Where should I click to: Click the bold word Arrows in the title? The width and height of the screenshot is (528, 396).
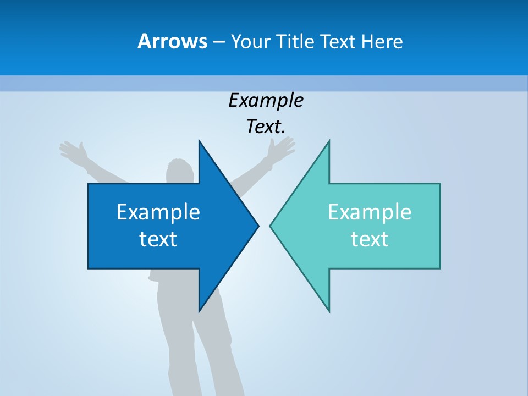[172, 41]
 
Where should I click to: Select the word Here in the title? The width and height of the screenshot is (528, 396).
[382, 41]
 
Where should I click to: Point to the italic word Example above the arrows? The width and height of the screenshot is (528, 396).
[266, 101]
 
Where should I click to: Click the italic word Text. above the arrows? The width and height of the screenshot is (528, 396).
[266, 127]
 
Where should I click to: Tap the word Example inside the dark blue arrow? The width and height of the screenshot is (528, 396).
[158, 212]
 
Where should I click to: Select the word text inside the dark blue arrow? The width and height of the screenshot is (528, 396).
[158, 239]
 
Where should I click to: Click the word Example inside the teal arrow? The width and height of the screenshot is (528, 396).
[370, 212]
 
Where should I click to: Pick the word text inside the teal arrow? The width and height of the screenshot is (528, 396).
[370, 239]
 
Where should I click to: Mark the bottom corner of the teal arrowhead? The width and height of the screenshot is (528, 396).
[329, 310]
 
